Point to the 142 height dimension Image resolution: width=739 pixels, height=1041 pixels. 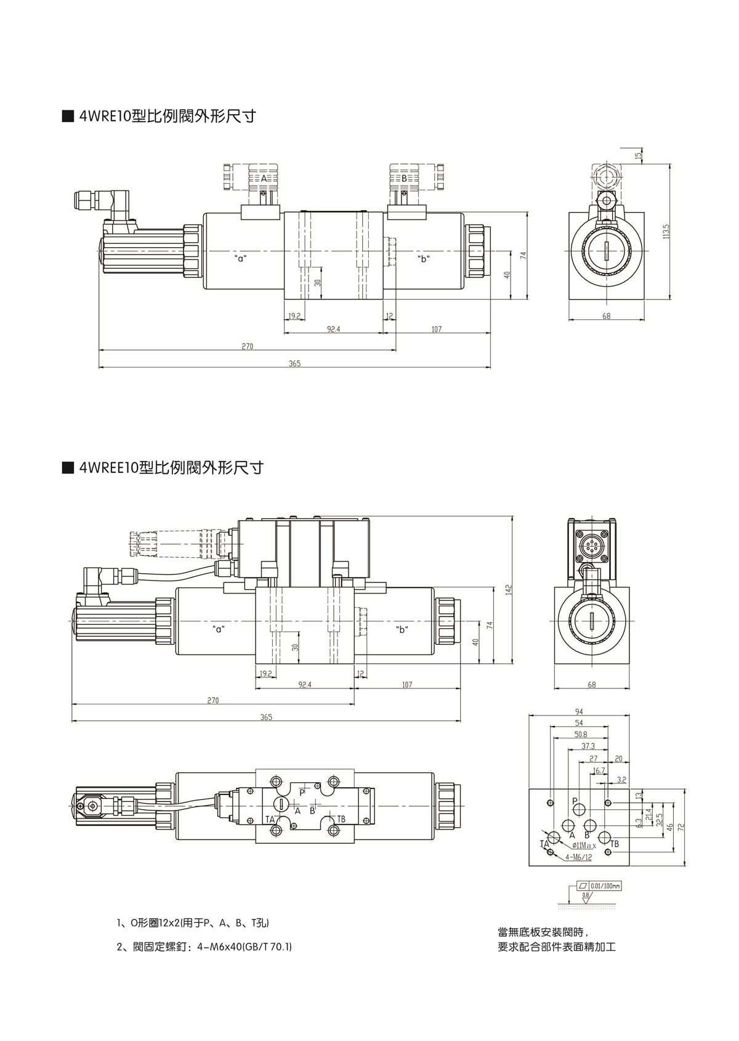pyautogui.click(x=509, y=589)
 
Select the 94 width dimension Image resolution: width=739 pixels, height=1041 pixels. pyautogui.click(x=578, y=711)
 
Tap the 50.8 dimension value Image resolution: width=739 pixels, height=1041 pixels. pyautogui.click(x=580, y=734)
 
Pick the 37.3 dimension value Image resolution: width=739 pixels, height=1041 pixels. pyautogui.click(x=588, y=746)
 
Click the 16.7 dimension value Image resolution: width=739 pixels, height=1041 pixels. pyautogui.click(x=597, y=770)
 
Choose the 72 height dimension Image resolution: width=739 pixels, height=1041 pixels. pyautogui.click(x=681, y=827)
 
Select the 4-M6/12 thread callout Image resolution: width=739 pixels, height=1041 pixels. pyautogui.click(x=578, y=857)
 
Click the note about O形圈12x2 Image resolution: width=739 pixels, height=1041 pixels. pyautogui.click(x=193, y=923)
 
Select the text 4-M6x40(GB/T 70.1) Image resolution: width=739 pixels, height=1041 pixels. pyautogui.click(x=244, y=946)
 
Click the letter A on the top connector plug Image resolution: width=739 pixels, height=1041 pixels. pyautogui.click(x=264, y=178)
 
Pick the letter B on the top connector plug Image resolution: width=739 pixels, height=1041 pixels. pyautogui.click(x=405, y=178)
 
